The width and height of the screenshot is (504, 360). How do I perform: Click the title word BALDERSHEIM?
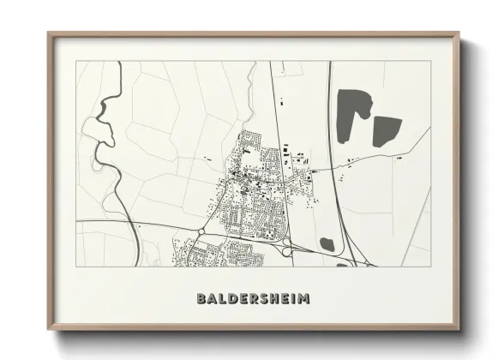tap(253, 300)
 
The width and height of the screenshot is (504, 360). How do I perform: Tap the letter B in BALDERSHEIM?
tap(201, 300)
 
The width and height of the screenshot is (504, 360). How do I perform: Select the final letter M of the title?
tap(304, 300)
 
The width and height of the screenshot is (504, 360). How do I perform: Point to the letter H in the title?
tap(274, 300)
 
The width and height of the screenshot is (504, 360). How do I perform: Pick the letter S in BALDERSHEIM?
tap(263, 300)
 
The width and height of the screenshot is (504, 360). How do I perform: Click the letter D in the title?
tap(231, 300)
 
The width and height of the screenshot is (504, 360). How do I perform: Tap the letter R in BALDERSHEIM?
tap(253, 300)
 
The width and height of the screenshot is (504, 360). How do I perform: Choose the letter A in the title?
tap(211, 300)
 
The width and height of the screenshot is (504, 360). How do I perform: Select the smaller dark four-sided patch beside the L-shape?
tap(386, 130)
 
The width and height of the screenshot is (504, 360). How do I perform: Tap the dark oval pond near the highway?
tap(327, 243)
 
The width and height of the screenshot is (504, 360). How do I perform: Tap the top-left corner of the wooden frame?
tap(49, 33)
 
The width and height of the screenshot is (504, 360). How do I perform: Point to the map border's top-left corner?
tap(76, 62)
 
